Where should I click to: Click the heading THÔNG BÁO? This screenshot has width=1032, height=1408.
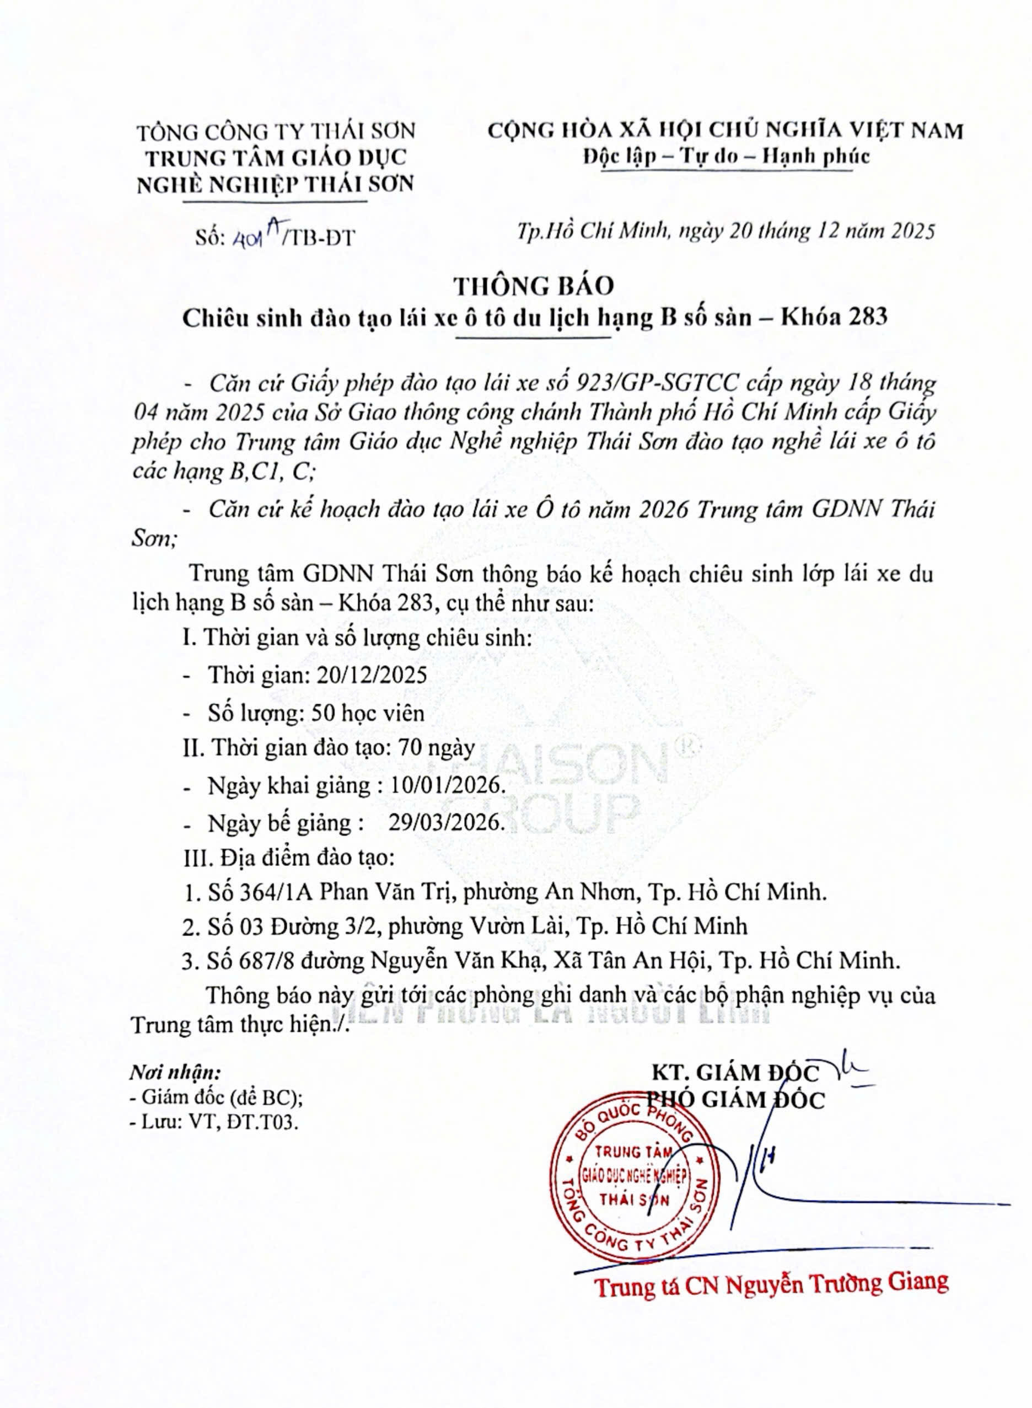[534, 286]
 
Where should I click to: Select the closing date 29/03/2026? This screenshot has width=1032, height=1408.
[446, 822]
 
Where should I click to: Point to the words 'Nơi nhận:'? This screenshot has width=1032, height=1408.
[175, 1073]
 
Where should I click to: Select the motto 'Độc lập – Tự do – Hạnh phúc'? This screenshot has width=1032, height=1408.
[726, 156]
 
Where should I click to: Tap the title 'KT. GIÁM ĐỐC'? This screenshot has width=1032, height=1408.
[735, 1073]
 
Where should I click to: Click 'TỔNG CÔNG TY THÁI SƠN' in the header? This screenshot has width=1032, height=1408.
[276, 132]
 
